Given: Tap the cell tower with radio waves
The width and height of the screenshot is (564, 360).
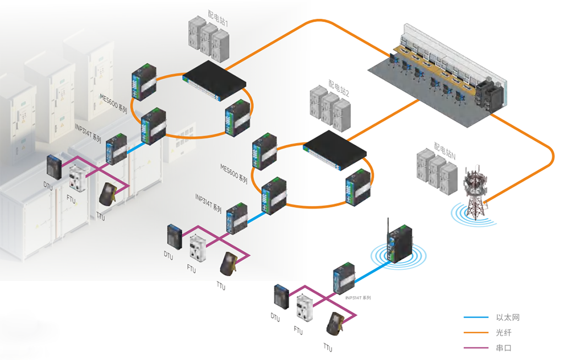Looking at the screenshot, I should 474,193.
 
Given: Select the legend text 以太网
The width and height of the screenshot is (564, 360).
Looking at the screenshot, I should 508,318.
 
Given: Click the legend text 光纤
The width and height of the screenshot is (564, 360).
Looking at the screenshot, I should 504,333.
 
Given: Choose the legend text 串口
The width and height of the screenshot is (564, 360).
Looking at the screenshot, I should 504,348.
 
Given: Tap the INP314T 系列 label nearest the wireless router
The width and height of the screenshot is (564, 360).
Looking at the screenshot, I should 358,298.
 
